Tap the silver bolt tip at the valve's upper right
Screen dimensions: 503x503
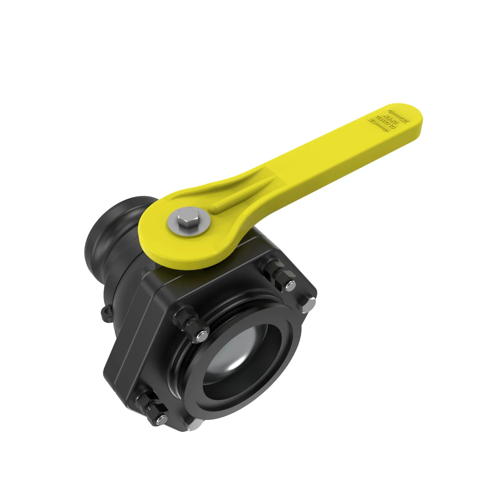pyautogui.click(x=290, y=285)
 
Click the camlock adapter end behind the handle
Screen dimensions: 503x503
pyautogui.click(x=109, y=232)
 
